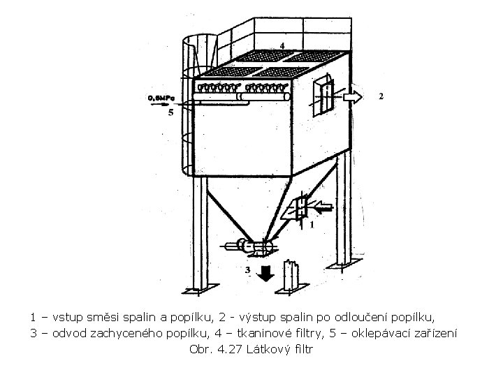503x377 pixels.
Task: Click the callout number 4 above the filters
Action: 282,45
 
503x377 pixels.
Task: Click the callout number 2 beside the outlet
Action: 380,96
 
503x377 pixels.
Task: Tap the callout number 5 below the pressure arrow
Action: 170,115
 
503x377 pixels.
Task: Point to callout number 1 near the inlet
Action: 312,225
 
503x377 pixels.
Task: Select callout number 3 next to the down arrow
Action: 247,269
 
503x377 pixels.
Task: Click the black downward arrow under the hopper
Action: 264,272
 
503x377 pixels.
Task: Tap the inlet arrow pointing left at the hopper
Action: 323,207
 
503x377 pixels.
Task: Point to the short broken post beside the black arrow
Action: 292,276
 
